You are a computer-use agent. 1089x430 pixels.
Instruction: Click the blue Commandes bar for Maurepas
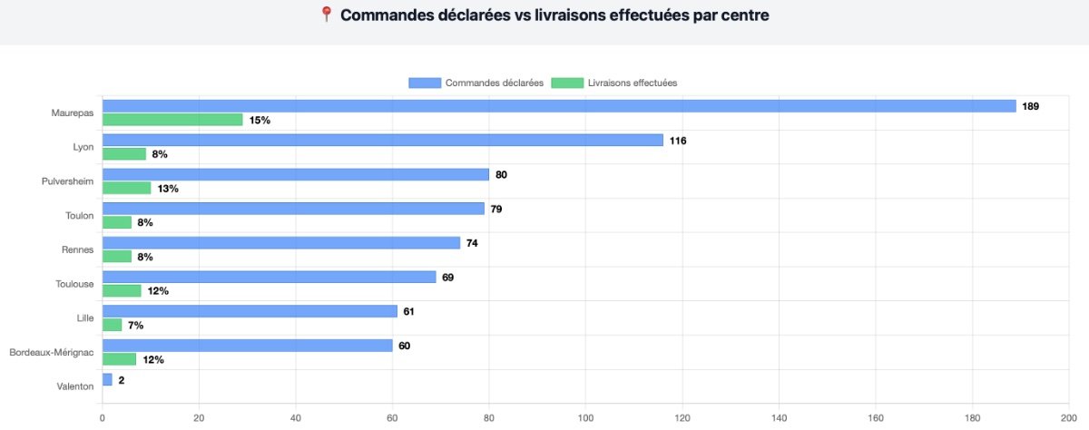click(x=558, y=106)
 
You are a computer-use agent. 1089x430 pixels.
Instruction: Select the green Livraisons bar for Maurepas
click(x=172, y=120)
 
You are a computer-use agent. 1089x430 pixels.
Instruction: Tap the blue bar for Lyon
click(x=382, y=141)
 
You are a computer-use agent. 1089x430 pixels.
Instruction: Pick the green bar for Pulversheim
click(x=126, y=188)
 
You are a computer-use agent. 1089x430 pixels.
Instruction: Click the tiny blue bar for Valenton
click(x=107, y=380)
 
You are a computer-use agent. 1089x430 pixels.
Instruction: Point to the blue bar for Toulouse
click(x=269, y=277)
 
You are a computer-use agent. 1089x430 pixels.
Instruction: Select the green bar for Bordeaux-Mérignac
click(x=119, y=359)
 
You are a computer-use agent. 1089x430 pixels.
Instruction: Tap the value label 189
click(x=1030, y=106)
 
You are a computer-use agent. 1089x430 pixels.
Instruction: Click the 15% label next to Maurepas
click(x=260, y=120)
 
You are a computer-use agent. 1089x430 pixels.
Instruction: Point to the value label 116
click(x=677, y=141)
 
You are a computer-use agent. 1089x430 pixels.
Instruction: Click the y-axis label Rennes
click(x=78, y=249)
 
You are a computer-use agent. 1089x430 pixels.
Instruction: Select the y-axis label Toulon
click(x=78, y=215)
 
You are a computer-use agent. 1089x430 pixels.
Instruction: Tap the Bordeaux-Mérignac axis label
click(x=51, y=352)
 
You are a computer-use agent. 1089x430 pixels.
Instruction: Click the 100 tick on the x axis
click(x=585, y=418)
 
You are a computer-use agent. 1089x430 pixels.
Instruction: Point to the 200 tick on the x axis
click(x=1068, y=418)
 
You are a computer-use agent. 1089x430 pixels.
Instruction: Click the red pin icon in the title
click(x=327, y=15)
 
